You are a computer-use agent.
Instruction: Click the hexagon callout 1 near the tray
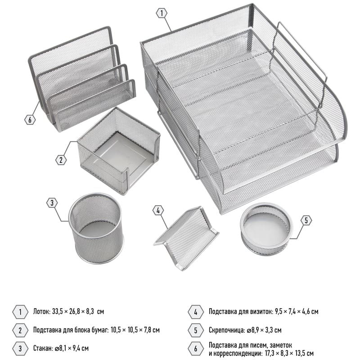[162, 13]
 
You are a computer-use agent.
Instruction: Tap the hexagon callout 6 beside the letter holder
[30, 120]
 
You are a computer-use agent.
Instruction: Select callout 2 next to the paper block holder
[61, 160]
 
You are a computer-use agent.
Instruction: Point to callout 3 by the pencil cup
[52, 203]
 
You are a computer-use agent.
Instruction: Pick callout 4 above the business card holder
[158, 210]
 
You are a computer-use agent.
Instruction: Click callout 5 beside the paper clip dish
[306, 220]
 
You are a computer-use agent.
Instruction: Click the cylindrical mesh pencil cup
[96, 228]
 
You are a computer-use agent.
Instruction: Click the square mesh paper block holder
[119, 151]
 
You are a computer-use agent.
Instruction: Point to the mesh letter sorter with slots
[82, 79]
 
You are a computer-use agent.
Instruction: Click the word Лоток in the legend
[41, 311]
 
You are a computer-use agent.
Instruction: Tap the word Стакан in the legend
[43, 348]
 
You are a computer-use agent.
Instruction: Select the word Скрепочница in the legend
[227, 330]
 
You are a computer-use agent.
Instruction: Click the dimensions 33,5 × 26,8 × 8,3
[73, 311]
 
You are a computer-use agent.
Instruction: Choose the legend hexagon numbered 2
[20, 330]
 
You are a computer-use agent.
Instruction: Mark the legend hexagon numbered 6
[196, 349]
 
